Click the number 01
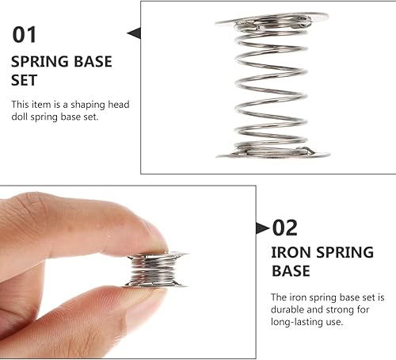(x=24, y=35)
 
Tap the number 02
(x=285, y=228)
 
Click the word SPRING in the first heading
(x=40, y=62)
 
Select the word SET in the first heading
(x=24, y=80)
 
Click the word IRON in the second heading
(x=291, y=252)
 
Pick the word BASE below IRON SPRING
(x=291, y=271)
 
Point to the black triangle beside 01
(x=134, y=33)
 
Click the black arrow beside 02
(x=263, y=228)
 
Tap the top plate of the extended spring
(x=272, y=18)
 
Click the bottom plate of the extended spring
(x=273, y=154)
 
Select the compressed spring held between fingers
(x=156, y=270)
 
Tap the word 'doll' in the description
(x=20, y=117)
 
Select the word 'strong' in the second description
(x=339, y=309)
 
